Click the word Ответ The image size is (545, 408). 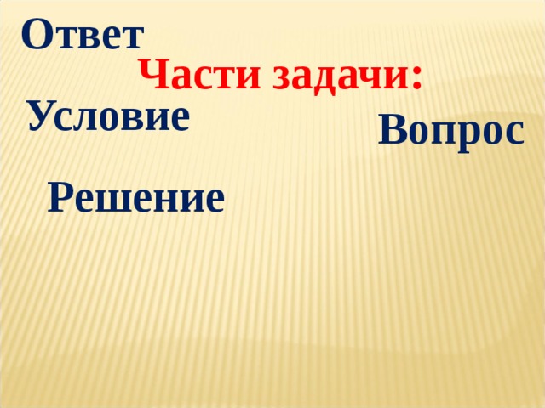83,36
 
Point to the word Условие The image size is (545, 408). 107,116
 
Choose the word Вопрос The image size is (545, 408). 450,132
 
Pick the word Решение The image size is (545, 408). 136,199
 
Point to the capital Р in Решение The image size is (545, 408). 60,197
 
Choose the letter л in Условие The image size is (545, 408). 89,119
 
